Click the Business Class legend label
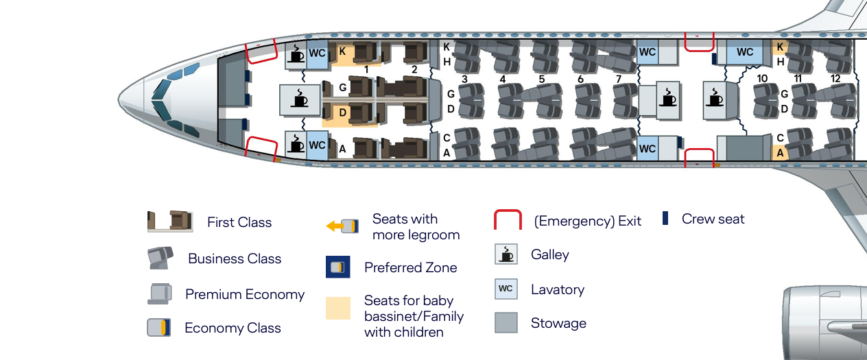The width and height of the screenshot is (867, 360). click(235, 259)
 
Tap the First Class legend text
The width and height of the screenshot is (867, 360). click(239, 222)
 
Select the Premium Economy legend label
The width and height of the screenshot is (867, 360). click(245, 294)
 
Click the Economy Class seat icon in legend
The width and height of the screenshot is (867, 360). click(158, 328)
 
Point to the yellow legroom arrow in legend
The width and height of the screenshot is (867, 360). click(335, 226)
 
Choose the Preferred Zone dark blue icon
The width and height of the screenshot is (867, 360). click(338, 267)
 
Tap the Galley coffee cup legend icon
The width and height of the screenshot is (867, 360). click(506, 254)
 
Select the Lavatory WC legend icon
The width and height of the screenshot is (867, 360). click(506, 289)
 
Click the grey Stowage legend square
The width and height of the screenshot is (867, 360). click(506, 323)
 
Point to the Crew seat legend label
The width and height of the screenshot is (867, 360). click(713, 219)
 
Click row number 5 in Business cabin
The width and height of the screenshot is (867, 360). click(541, 79)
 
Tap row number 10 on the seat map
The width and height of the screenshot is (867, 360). click(762, 79)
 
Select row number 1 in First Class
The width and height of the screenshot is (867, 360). click(366, 70)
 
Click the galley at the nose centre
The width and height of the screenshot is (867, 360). click(300, 100)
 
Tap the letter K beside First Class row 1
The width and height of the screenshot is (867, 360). click(342, 51)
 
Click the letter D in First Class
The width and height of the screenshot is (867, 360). click(342, 112)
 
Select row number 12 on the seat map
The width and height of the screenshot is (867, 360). click(835, 79)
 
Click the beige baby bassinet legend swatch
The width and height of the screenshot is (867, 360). click(338, 308)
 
